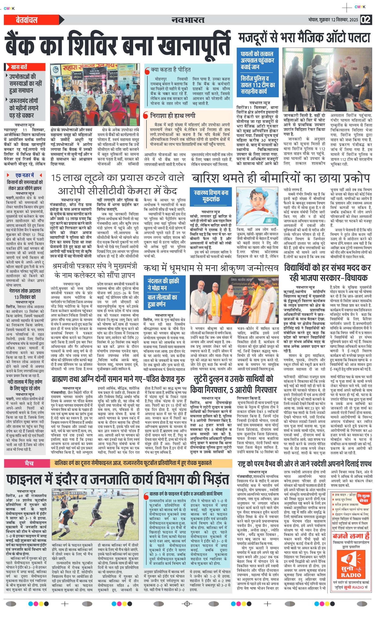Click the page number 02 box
tap(366, 20)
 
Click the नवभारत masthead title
tap(188, 20)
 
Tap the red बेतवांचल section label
tap(27, 20)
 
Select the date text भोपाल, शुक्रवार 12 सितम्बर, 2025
tap(333, 20)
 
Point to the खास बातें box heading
tap(19, 67)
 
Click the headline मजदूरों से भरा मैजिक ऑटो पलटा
tap(304, 38)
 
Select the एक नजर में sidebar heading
tap(24, 175)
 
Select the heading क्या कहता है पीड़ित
tap(170, 70)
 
